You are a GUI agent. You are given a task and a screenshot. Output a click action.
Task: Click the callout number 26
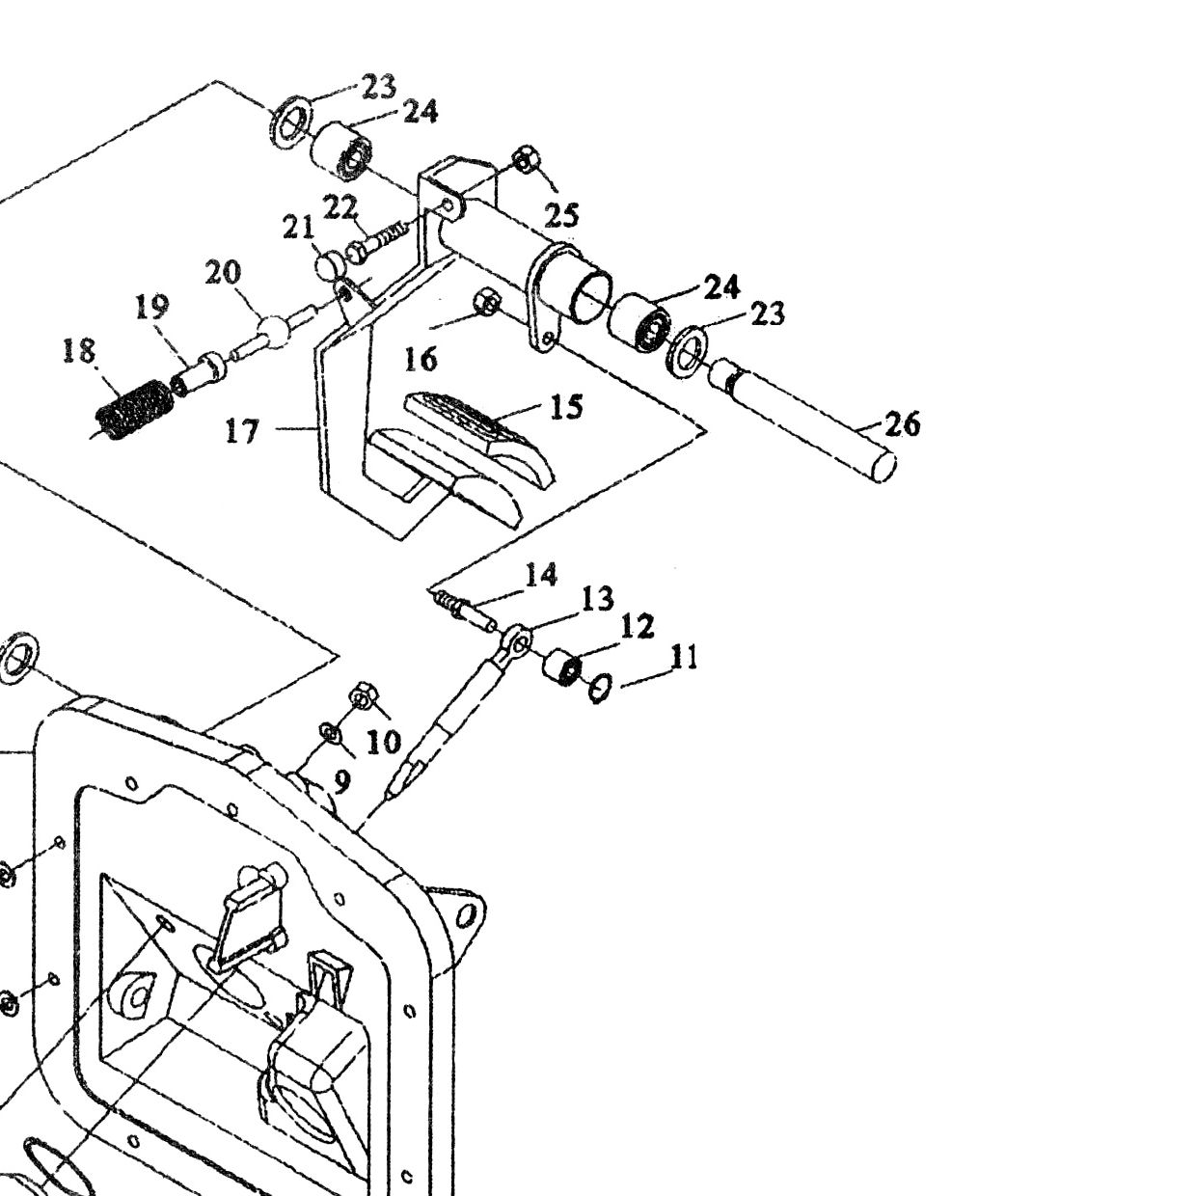[x=902, y=424]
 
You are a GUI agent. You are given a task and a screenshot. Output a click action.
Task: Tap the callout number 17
[x=241, y=431]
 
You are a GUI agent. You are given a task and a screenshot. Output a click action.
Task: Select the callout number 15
[x=566, y=407]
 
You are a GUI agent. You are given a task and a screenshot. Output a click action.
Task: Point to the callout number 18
[x=79, y=351]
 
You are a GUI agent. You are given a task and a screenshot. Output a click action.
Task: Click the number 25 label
[x=561, y=215]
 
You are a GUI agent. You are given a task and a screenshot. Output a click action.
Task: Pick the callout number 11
[x=685, y=657]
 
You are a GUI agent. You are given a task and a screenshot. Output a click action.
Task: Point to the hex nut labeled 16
[x=486, y=302]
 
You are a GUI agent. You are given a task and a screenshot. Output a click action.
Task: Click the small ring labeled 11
[x=600, y=689]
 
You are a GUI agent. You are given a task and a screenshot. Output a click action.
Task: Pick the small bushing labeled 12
[x=562, y=666]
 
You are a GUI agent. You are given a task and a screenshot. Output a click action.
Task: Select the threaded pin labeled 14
[x=464, y=611]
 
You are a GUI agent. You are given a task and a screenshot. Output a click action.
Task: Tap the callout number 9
[x=342, y=782]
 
